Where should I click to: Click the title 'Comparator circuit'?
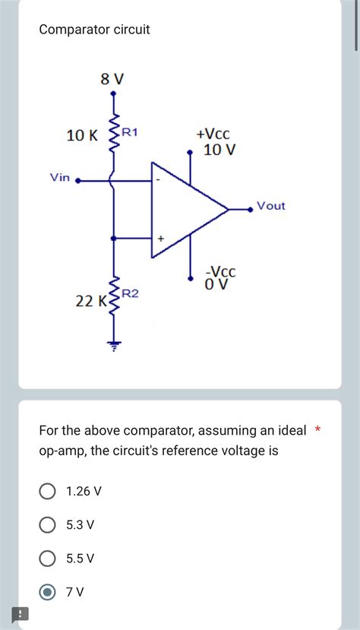(x=94, y=30)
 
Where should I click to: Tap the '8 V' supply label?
(x=112, y=78)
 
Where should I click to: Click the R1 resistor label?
(x=130, y=132)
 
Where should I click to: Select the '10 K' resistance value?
(x=82, y=136)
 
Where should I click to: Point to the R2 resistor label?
(x=130, y=293)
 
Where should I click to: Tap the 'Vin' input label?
(x=60, y=177)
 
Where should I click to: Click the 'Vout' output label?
(x=271, y=205)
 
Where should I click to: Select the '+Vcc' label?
(x=213, y=134)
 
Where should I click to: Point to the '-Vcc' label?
(x=221, y=271)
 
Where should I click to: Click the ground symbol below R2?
(x=114, y=345)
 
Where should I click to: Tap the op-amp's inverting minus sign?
(x=159, y=180)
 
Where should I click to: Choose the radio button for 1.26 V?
(x=47, y=491)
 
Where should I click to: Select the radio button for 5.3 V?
(x=47, y=524)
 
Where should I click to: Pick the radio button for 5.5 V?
(x=47, y=559)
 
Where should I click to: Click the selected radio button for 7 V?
(x=47, y=592)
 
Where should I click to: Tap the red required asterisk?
(x=318, y=431)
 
